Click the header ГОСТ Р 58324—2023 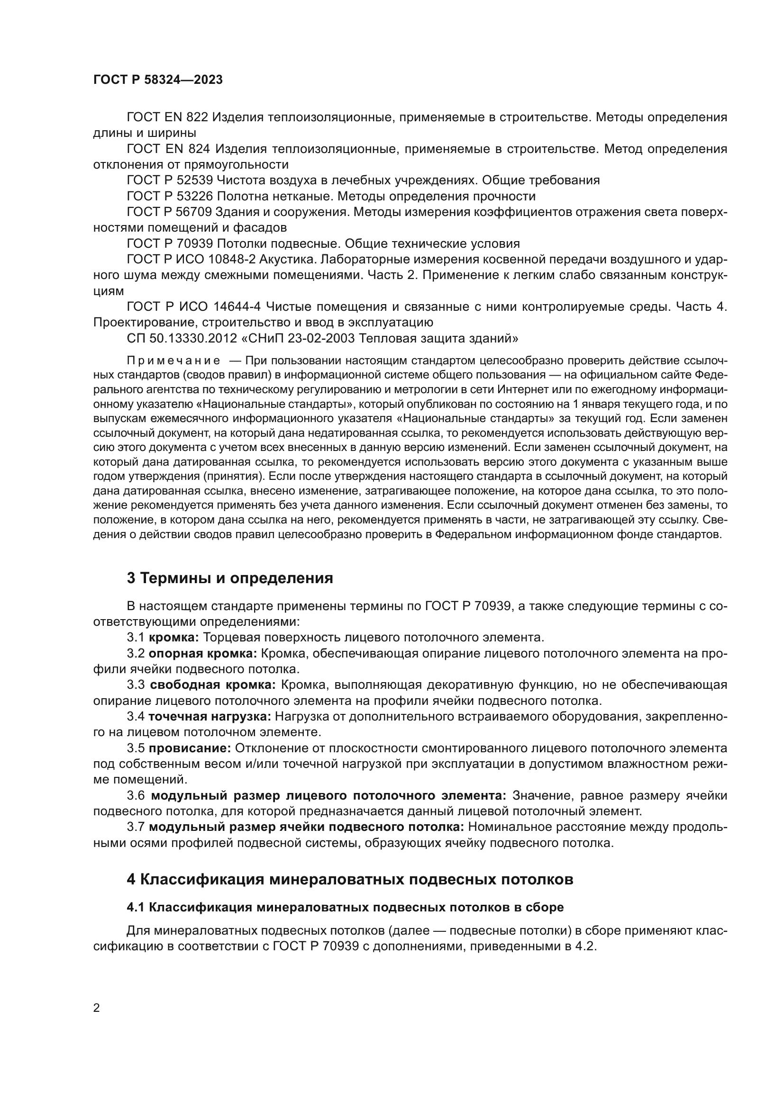158,80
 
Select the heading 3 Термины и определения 230,578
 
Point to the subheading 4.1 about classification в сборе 345,907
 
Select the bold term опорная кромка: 203,653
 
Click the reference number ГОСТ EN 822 167,117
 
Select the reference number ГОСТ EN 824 167,149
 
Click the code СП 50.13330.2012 182,338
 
